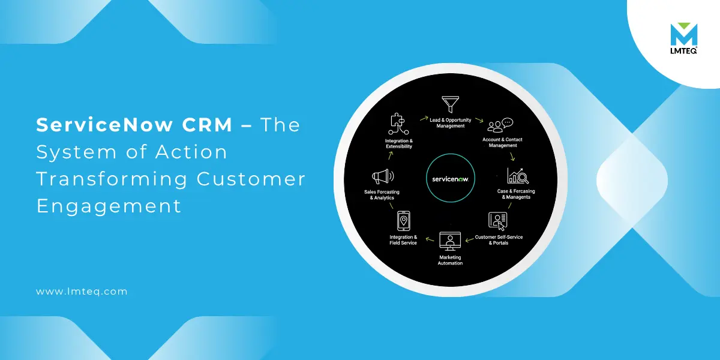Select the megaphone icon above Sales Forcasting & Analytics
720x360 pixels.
[x=383, y=176]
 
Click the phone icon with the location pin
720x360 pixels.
[x=403, y=221]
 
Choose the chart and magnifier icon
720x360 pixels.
[x=517, y=176]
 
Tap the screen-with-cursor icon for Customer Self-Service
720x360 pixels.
[x=498, y=221]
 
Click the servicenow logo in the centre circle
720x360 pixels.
[x=450, y=179]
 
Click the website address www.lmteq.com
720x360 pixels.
[x=82, y=292]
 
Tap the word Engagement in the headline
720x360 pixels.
[x=109, y=206]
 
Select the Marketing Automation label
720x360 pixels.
[x=450, y=260]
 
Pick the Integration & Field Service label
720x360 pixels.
[x=403, y=240]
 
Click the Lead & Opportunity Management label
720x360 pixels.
[x=449, y=123]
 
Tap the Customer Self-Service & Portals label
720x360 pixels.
[x=499, y=240]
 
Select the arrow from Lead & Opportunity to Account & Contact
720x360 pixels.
[x=478, y=120]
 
